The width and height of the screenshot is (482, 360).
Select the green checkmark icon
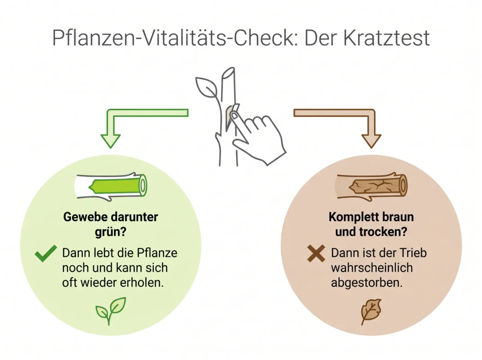[x=46, y=253]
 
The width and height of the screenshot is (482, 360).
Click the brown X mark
[x=316, y=253]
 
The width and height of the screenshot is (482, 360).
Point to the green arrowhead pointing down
[x=111, y=141]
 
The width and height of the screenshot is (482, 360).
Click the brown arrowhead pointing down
[x=371, y=141]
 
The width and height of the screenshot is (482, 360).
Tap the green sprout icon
[x=111, y=310]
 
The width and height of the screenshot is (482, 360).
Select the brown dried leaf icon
[x=371, y=311]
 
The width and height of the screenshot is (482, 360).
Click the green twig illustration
[x=111, y=187]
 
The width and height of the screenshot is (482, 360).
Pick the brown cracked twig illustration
[x=371, y=187]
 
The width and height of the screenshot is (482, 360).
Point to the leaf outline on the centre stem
[x=207, y=87]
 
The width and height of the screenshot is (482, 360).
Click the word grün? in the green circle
[x=111, y=231]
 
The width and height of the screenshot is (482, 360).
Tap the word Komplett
[x=350, y=217]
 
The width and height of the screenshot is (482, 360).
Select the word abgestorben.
[x=366, y=283]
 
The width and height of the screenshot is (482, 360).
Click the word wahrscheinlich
[x=372, y=268]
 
